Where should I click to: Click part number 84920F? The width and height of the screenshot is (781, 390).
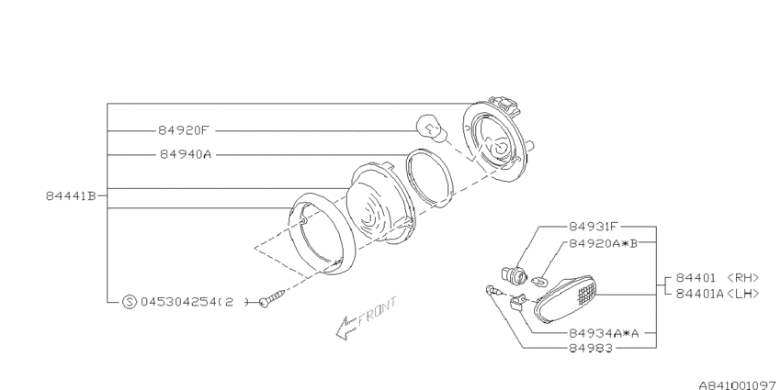[182, 131]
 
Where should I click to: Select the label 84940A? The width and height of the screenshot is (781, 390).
[186, 155]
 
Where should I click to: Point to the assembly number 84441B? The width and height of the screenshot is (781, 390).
[71, 196]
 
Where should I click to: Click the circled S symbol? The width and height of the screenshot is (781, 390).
[129, 302]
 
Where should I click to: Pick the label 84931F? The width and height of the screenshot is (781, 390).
[594, 227]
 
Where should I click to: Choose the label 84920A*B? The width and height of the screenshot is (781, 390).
[603, 243]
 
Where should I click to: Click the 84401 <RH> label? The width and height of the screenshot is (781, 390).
[718, 277]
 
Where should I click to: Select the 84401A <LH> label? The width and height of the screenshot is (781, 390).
[718, 294]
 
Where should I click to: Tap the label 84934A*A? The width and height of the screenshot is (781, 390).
[603, 333]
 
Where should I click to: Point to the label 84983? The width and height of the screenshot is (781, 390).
[590, 349]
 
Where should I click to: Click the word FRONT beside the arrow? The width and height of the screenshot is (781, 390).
[377, 311]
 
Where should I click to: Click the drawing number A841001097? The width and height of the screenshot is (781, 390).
[739, 385]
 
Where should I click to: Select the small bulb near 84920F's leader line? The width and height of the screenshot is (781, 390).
[428, 126]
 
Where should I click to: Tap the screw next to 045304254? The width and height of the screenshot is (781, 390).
[272, 298]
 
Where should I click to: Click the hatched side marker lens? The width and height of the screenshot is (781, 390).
[565, 298]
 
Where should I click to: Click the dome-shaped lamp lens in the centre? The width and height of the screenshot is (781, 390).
[380, 205]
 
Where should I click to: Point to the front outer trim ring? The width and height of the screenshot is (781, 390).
[323, 235]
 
